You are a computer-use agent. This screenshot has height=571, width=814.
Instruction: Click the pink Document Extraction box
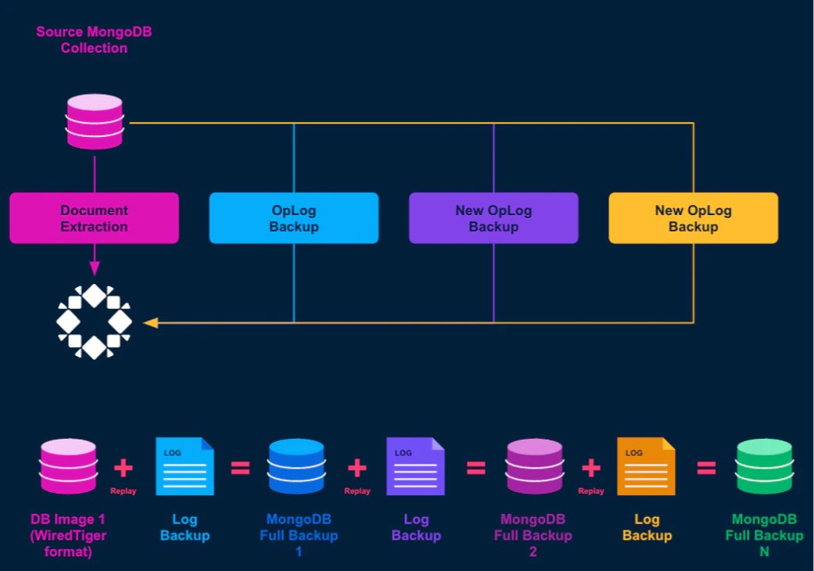pos(94,218)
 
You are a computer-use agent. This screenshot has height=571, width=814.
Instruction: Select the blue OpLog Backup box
pos(294,218)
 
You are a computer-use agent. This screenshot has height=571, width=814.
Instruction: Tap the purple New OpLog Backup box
pos(493,218)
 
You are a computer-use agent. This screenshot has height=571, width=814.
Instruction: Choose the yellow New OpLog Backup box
pos(694,218)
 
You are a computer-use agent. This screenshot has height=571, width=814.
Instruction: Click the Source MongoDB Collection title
pos(94,39)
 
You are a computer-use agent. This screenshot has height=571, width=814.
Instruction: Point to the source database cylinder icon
pos(95,121)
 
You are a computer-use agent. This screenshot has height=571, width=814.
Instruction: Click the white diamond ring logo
pos(94,321)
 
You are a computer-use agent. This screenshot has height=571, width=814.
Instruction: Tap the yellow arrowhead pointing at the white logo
pos(151,323)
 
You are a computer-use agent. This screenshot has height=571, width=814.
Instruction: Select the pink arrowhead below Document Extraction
pos(95,268)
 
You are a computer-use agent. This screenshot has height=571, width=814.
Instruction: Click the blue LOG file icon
pos(185,466)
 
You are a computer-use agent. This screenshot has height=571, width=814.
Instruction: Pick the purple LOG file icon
pos(415,466)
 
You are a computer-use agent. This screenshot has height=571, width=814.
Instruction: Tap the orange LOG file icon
pos(647,466)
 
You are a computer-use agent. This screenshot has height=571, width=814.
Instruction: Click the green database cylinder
pos(764,466)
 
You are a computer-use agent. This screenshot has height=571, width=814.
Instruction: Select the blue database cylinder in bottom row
pos(297,466)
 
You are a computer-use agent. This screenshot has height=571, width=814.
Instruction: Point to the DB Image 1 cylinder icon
pos(69,466)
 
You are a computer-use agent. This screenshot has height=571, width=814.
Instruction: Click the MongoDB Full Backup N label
pos(764,535)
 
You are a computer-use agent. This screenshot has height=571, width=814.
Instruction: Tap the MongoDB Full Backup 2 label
pos(533,535)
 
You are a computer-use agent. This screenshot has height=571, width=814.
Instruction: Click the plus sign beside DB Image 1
pos(123,468)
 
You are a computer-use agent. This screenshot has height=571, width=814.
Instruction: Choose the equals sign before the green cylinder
pos(707,468)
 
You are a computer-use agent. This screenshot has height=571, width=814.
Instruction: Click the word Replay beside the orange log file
pos(591,490)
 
